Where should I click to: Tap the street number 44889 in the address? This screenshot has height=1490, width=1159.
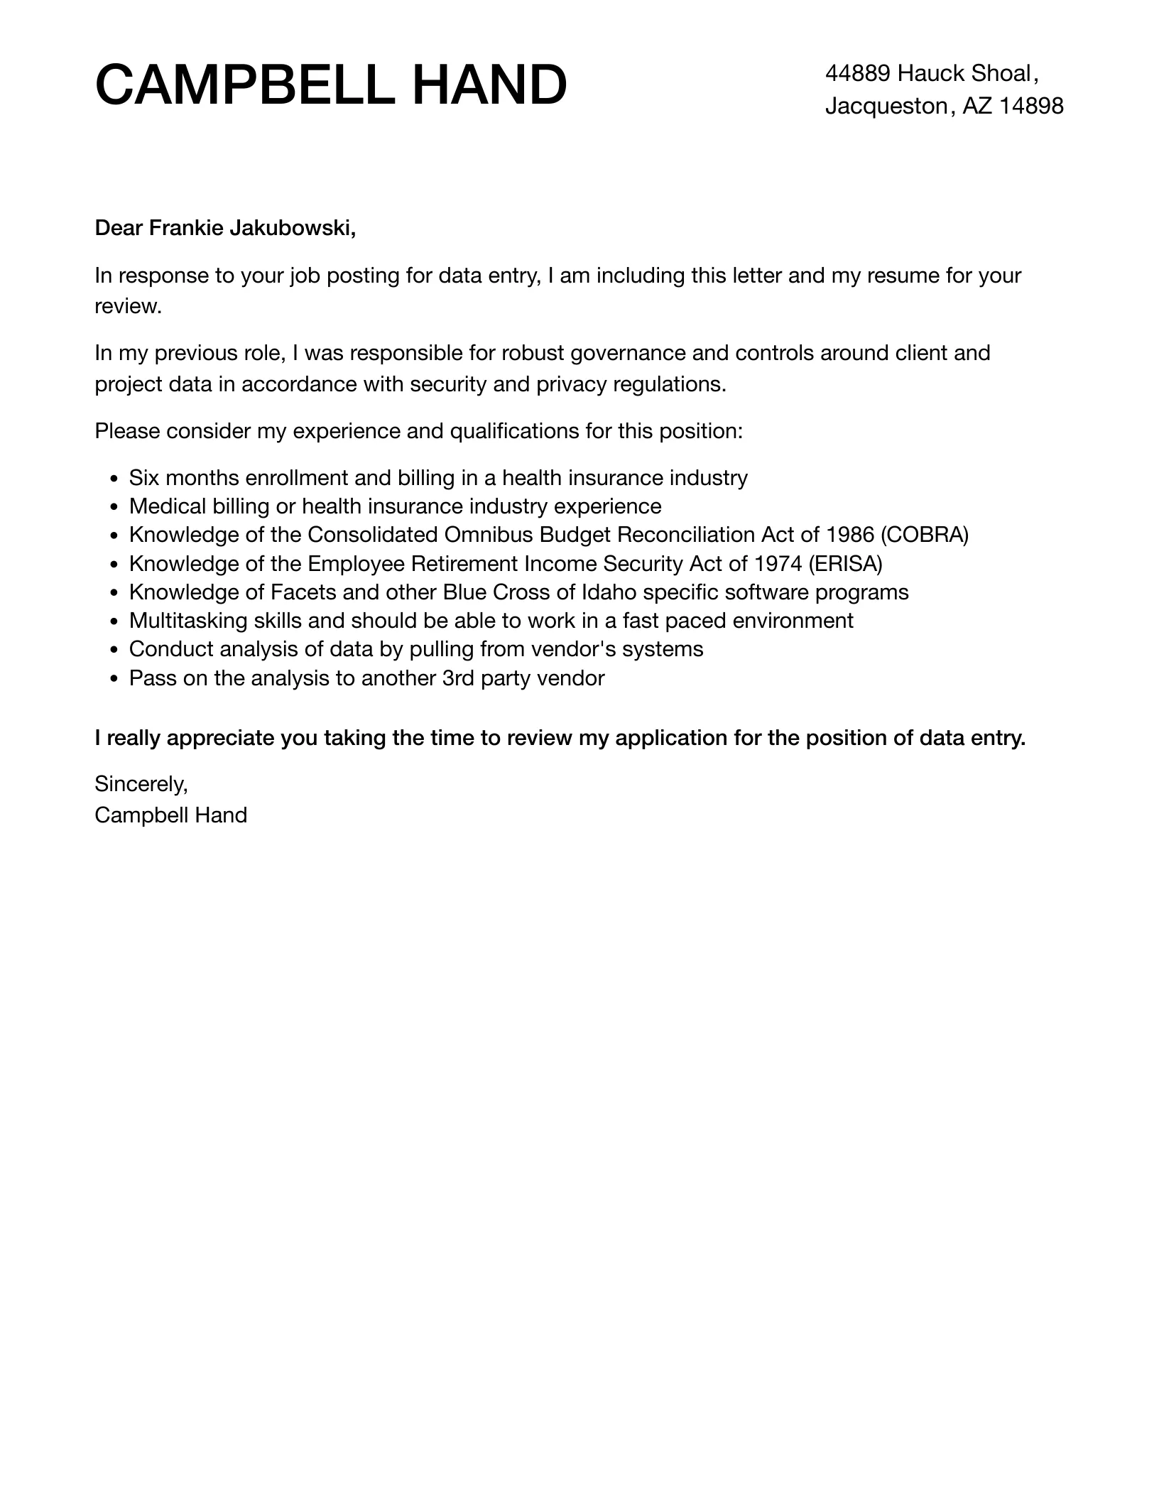tap(857, 73)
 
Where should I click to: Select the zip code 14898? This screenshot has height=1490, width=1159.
tap(1031, 106)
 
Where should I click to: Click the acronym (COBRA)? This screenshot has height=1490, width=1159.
tap(924, 535)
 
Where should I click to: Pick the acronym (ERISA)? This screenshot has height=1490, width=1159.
tap(845, 564)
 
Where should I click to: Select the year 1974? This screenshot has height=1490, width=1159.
tap(778, 564)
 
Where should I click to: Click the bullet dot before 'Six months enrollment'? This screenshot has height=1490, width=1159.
tap(114, 479)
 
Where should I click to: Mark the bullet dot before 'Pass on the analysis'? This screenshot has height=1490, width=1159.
tap(114, 680)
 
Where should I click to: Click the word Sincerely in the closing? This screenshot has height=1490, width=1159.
tap(141, 784)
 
